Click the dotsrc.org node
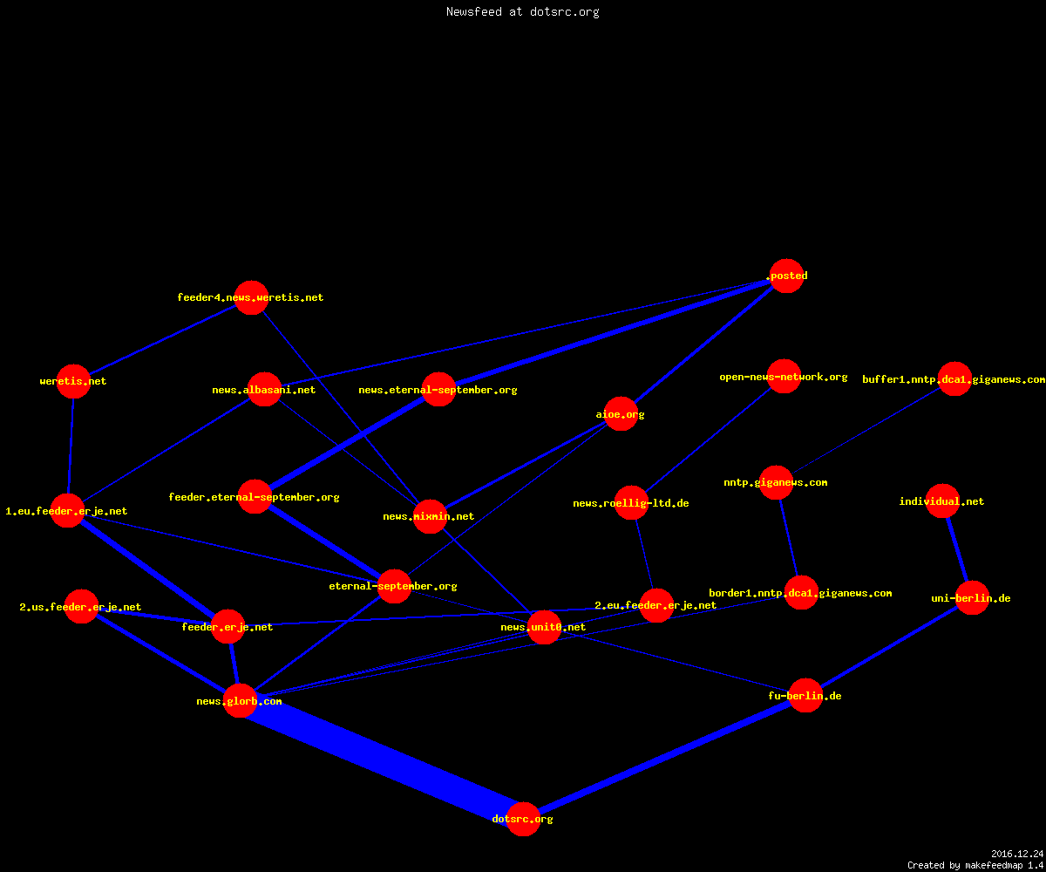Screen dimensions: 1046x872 click(523, 819)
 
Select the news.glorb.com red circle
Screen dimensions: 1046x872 click(240, 700)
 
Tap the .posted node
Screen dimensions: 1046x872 click(786, 276)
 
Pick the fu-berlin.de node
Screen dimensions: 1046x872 click(805, 695)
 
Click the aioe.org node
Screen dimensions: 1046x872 click(621, 414)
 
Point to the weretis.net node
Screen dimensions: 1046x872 click(73, 381)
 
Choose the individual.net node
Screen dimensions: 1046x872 click(942, 501)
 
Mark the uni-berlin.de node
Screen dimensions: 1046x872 click(973, 598)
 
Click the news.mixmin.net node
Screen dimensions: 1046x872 click(430, 516)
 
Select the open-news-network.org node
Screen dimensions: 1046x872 click(784, 377)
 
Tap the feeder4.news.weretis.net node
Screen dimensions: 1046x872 click(251, 297)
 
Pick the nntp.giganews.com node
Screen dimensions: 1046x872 click(776, 482)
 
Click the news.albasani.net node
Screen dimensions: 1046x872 click(264, 390)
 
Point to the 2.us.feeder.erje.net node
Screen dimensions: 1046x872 click(81, 606)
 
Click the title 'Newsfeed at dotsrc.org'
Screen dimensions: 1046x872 click(522, 11)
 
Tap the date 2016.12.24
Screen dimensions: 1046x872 click(1017, 854)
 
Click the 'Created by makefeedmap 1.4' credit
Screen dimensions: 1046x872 click(975, 865)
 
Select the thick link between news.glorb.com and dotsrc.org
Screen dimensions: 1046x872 click(382, 760)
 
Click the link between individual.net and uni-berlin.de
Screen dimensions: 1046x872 click(957, 549)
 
